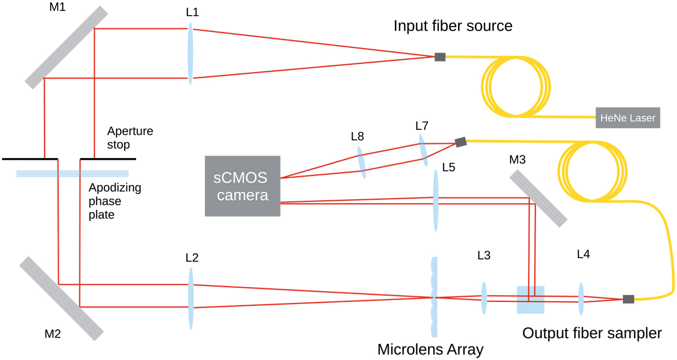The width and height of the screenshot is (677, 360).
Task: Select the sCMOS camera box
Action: pyautogui.click(x=243, y=186)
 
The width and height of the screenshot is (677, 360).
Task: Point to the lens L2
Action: pyautogui.click(x=191, y=298)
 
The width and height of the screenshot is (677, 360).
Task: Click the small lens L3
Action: pyautogui.click(x=483, y=298)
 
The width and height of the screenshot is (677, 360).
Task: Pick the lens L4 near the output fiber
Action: pyautogui.click(x=581, y=298)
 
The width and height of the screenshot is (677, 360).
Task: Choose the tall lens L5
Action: pyautogui.click(x=436, y=200)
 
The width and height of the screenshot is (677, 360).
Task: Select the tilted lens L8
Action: pyautogui.click(x=361, y=163)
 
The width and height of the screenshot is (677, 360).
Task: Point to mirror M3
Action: pyautogui.click(x=538, y=199)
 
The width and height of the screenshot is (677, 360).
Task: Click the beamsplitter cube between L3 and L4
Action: pyautogui.click(x=531, y=300)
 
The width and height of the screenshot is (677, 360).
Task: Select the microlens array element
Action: pyautogui.click(x=433, y=297)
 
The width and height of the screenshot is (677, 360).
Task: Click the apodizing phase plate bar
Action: pyautogui.click(x=72, y=173)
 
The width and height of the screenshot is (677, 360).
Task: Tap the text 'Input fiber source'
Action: pyautogui.click(x=452, y=26)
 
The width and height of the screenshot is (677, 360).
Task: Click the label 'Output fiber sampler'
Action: pyautogui.click(x=591, y=333)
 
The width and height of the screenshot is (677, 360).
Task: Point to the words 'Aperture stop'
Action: pyautogui.click(x=130, y=138)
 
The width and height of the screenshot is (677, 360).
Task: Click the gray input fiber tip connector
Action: pyautogui.click(x=440, y=56)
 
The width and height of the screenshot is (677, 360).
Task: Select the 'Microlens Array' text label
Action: pyautogui.click(x=430, y=350)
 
